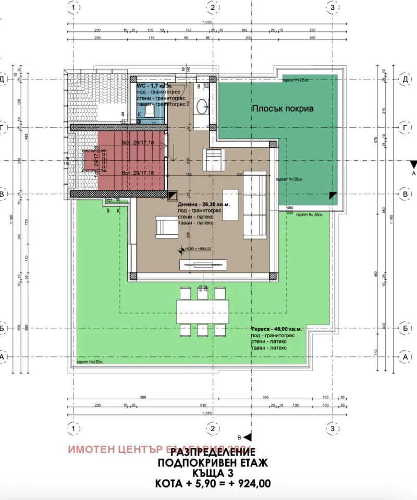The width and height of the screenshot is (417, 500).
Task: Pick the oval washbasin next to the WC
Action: click(x=201, y=108)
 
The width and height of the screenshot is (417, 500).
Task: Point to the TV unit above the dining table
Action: click(x=201, y=265)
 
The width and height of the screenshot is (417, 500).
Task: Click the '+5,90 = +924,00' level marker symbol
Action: click(x=181, y=249)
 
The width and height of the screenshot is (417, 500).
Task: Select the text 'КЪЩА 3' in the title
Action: click(x=213, y=473)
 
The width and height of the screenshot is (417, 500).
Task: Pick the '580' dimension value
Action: click(x=142, y=397)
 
